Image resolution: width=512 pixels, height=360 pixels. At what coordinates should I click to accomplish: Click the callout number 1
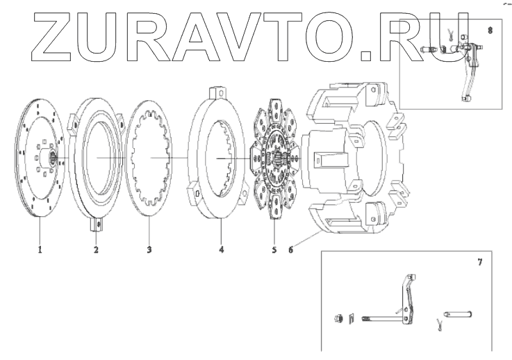(40, 248)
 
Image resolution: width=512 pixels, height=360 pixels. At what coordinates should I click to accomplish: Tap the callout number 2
(96, 248)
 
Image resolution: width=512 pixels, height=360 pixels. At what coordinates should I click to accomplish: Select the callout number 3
(149, 248)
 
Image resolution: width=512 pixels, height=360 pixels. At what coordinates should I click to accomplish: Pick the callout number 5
(274, 248)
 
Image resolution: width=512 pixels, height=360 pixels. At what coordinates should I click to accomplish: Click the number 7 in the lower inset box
(479, 263)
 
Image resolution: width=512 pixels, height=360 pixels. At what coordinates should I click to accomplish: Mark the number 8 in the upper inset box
(491, 31)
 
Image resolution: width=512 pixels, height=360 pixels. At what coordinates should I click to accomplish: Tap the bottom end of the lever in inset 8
(464, 98)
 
